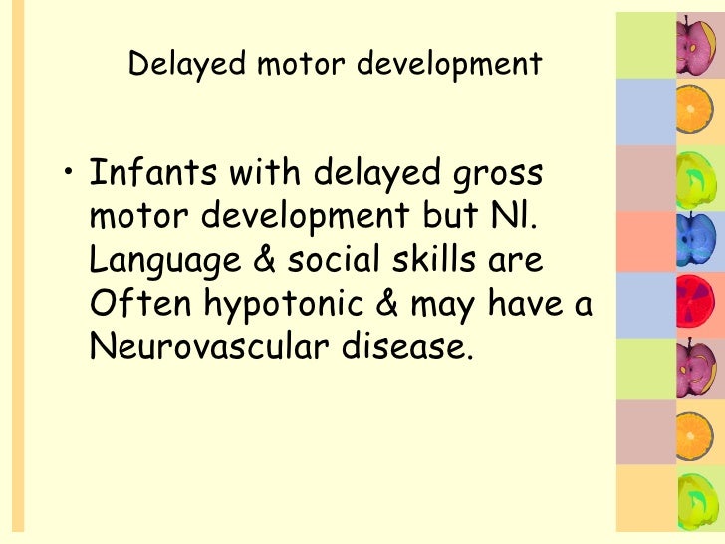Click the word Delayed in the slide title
point(174,65)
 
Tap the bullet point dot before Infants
point(66,178)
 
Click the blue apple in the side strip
point(690,236)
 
